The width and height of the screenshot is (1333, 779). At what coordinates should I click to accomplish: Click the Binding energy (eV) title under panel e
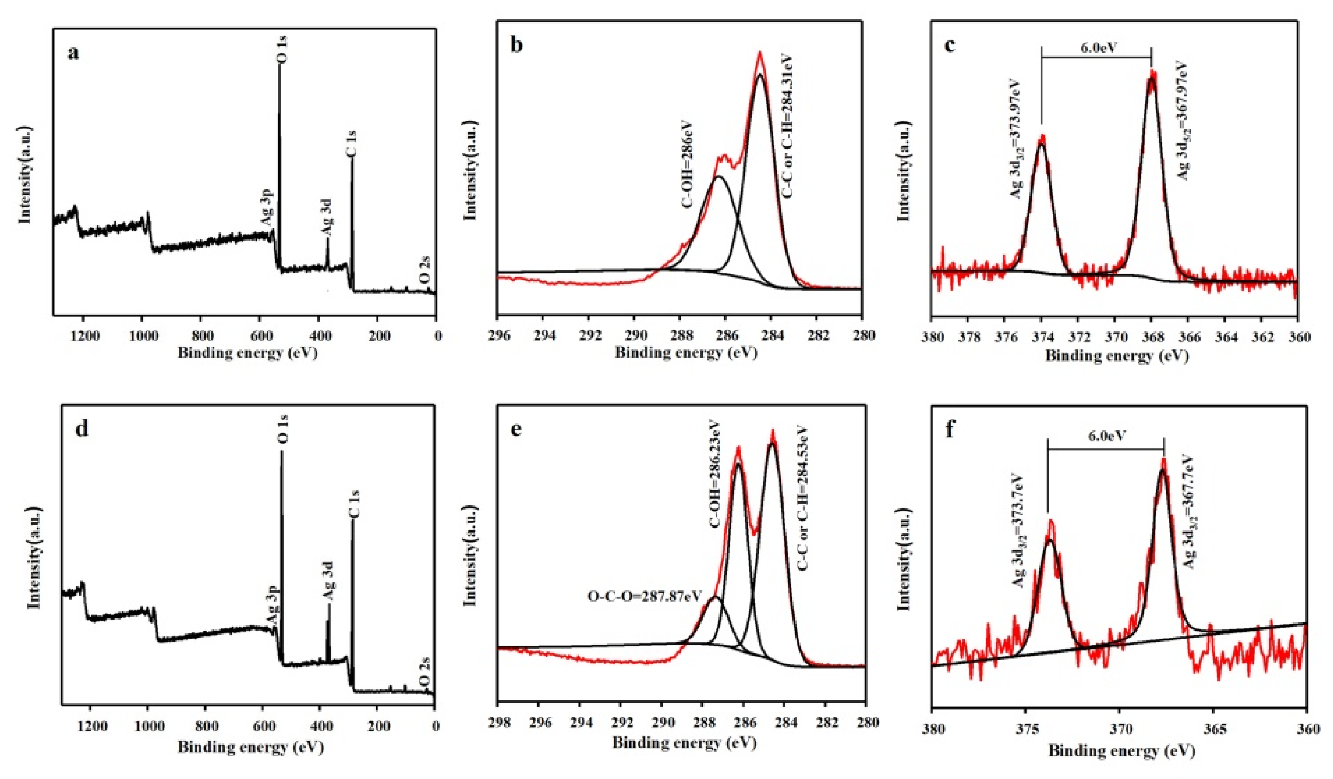coord(685,742)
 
